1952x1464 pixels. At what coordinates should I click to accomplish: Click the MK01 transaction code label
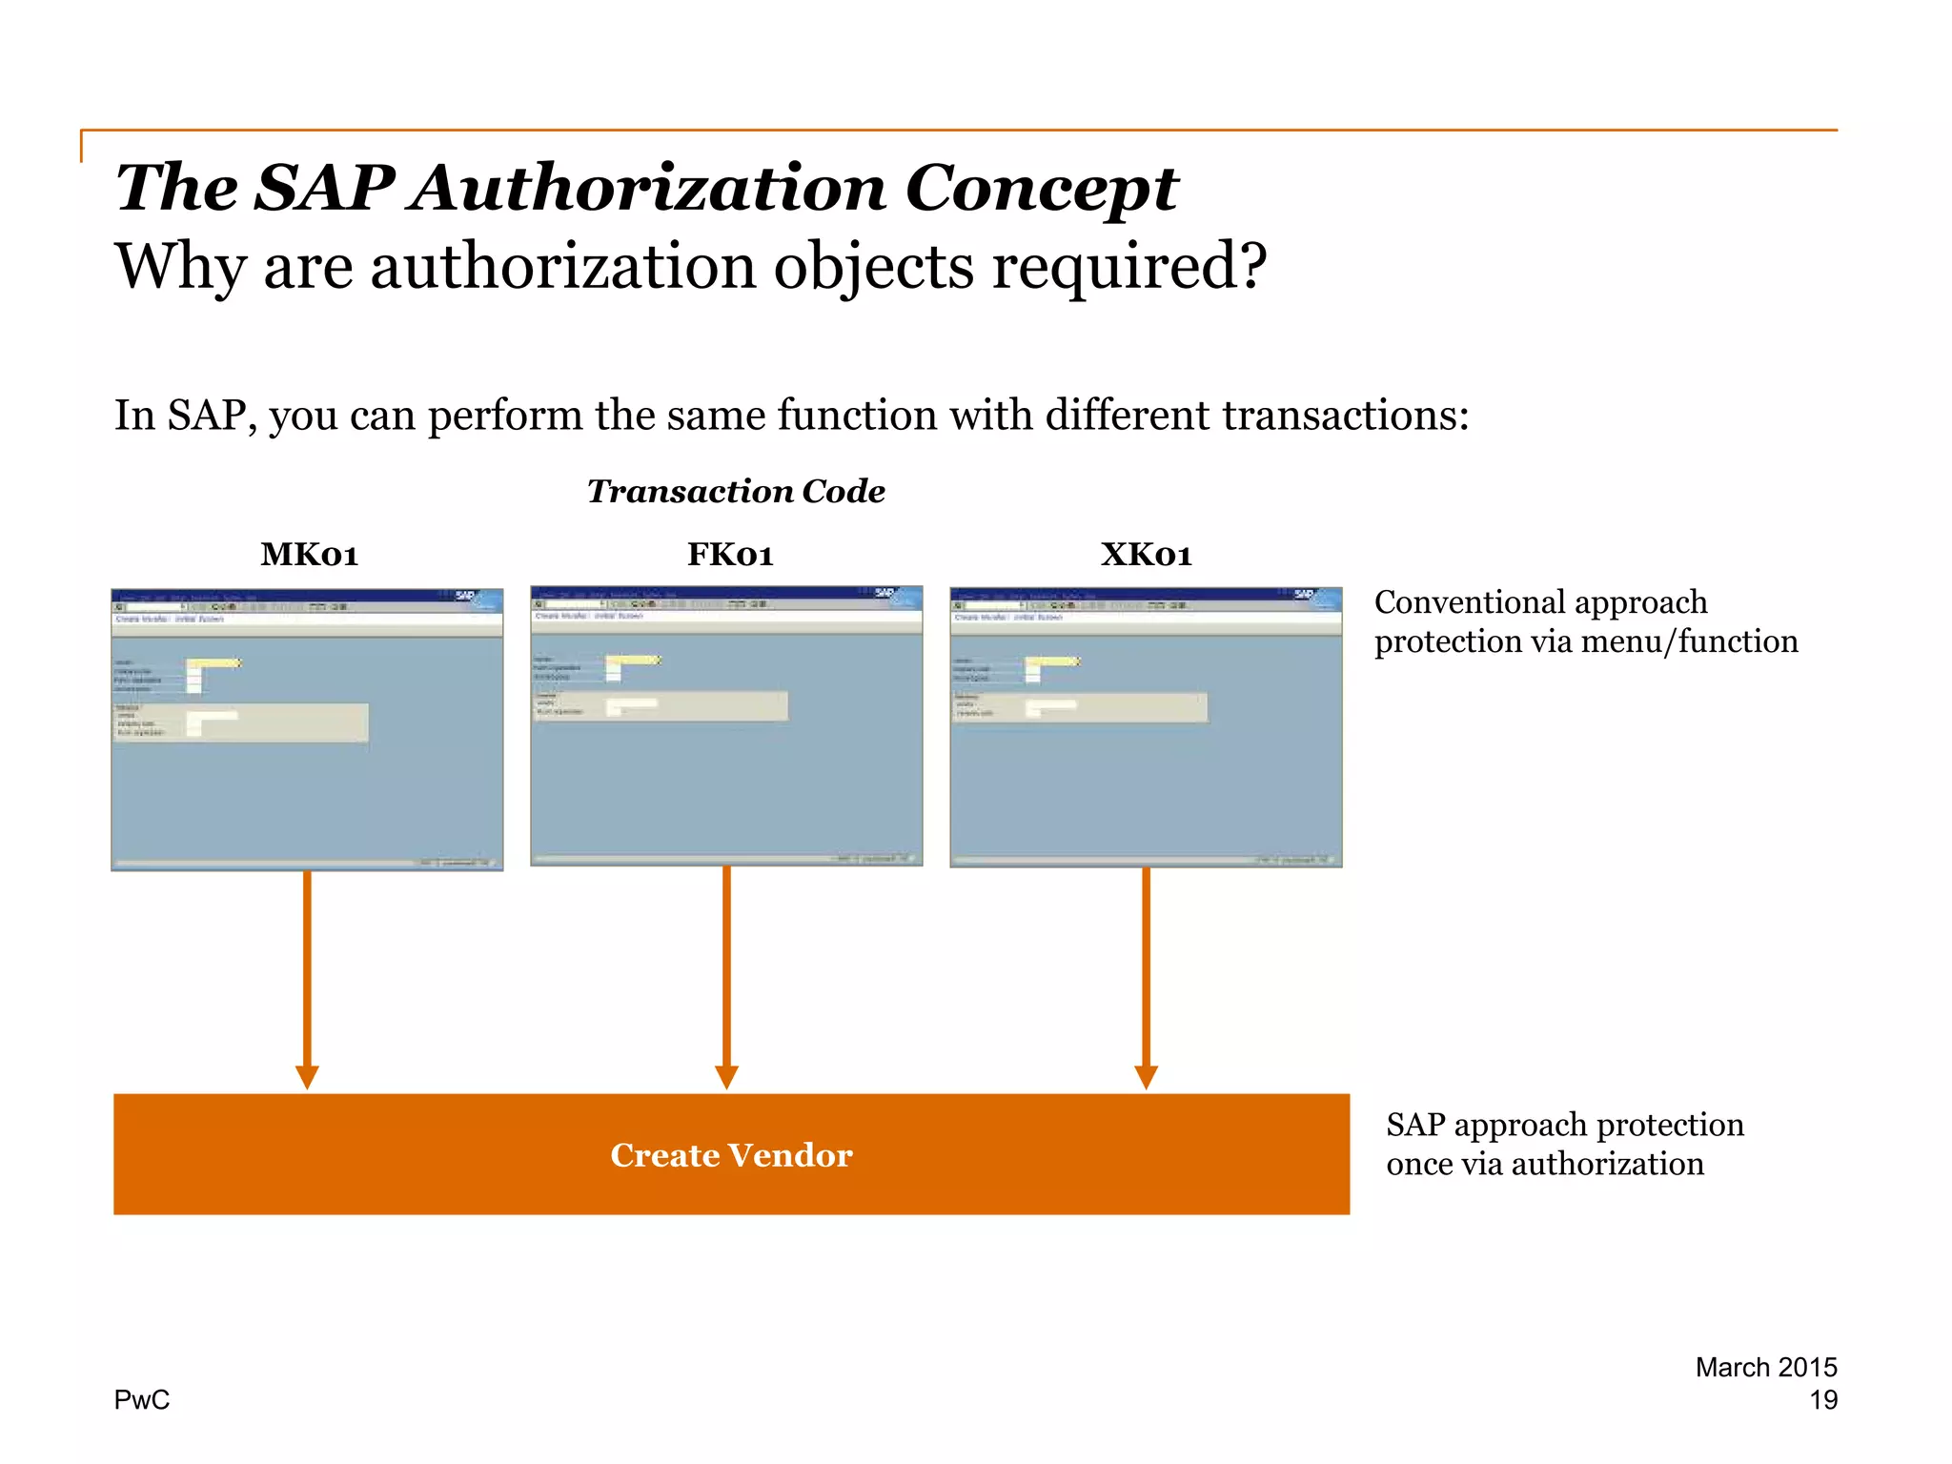(x=309, y=554)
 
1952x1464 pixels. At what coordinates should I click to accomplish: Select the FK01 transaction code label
(x=730, y=554)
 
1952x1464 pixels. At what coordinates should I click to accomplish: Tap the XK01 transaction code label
(x=1146, y=554)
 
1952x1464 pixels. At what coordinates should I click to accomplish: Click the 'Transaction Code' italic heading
(x=736, y=491)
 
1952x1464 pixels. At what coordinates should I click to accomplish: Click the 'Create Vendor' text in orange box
(x=731, y=1155)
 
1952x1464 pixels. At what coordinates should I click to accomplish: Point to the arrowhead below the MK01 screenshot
(x=307, y=1078)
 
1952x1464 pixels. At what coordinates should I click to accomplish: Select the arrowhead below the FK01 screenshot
(x=726, y=1078)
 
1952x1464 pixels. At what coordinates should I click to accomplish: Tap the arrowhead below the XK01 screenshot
(x=1146, y=1078)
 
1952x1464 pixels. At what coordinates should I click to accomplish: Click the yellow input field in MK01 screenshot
(x=213, y=662)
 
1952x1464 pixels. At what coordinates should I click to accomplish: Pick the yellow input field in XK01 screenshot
(x=1051, y=661)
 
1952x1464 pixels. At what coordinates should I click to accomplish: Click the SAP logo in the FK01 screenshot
(x=885, y=594)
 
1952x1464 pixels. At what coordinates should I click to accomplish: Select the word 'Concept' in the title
(x=1041, y=188)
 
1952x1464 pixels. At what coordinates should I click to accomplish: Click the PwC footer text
(x=141, y=1399)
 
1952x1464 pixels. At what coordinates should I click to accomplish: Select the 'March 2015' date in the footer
(x=1765, y=1367)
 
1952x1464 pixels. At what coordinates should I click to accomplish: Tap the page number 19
(x=1822, y=1399)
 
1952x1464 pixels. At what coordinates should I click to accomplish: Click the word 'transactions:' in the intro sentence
(x=1345, y=416)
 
